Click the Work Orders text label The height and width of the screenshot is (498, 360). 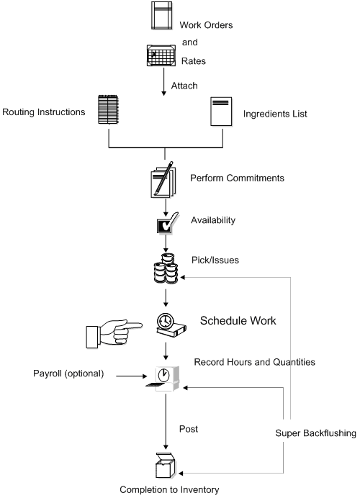point(206,26)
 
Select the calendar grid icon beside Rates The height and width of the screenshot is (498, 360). point(162,55)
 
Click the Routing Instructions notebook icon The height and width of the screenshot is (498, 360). point(107,112)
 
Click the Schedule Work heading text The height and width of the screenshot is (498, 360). point(237,320)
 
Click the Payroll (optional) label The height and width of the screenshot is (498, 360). point(68,373)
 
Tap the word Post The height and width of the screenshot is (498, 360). point(188,428)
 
